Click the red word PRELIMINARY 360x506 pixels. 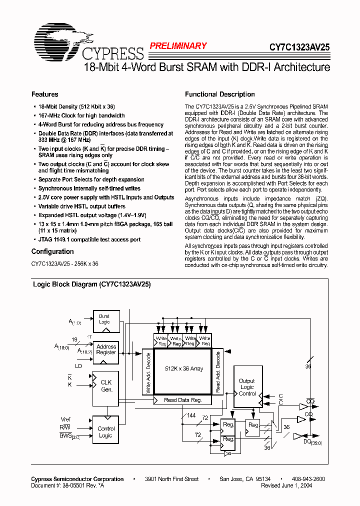tap(178, 46)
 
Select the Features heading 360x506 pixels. tap(44, 94)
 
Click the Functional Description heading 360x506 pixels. tap(219, 94)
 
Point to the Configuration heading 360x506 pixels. tap(52, 251)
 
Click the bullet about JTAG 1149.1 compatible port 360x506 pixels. tap(89, 239)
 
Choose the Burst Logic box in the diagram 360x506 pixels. tap(104, 319)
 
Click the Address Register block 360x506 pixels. tap(106, 349)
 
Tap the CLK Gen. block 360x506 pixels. tap(106, 386)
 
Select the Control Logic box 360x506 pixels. tap(105, 432)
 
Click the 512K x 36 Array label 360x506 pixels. tap(184, 368)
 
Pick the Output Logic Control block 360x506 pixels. tap(246, 387)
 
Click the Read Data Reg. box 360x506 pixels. tap(182, 400)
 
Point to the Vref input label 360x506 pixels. tap(65, 419)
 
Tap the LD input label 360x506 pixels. tap(78, 366)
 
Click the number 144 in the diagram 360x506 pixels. tap(191, 415)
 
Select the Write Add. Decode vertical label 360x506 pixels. tap(148, 372)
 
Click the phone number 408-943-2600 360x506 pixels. tap(308, 479)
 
